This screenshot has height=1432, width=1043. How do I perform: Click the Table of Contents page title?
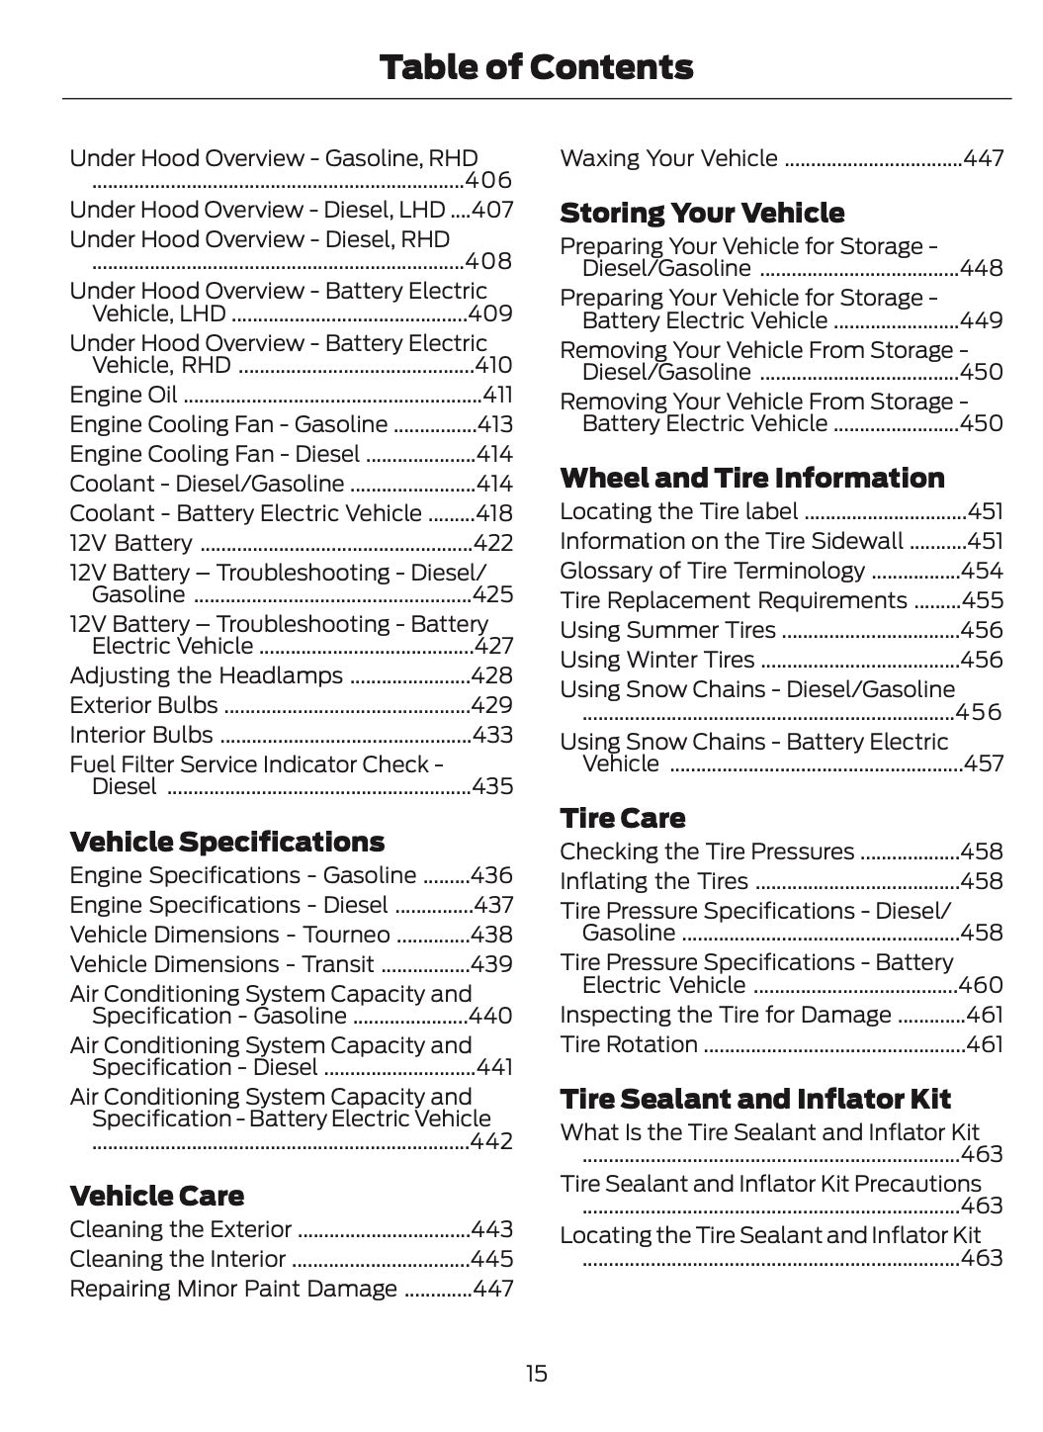tap(536, 67)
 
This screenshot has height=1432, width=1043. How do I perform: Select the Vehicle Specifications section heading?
tap(226, 842)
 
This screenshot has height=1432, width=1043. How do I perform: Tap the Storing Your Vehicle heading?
tap(702, 213)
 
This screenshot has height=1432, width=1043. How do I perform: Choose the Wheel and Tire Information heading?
tap(752, 478)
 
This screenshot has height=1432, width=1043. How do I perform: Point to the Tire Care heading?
tap(622, 818)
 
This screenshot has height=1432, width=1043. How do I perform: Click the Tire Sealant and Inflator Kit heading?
tap(755, 1099)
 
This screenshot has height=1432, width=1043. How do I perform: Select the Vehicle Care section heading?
tap(156, 1196)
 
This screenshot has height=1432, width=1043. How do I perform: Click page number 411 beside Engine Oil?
tap(497, 395)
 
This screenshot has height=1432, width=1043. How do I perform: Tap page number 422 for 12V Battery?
tap(493, 543)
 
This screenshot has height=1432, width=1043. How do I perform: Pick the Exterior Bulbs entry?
tap(143, 705)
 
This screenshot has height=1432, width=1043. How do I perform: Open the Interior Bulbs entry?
tap(141, 735)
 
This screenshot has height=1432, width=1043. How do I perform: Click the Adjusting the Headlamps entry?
tap(206, 675)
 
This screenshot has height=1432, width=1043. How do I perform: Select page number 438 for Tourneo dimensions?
tap(492, 935)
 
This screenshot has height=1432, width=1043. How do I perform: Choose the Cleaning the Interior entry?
tap(178, 1259)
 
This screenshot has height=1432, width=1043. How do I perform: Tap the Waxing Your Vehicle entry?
tap(668, 158)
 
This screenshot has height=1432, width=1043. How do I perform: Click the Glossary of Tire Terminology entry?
tap(712, 571)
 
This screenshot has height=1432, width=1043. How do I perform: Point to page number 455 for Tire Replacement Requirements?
tap(983, 600)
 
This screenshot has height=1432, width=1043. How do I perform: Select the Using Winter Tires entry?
tap(656, 660)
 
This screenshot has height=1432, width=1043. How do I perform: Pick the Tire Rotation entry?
tap(629, 1044)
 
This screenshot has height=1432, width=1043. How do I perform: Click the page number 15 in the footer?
tap(536, 1374)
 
